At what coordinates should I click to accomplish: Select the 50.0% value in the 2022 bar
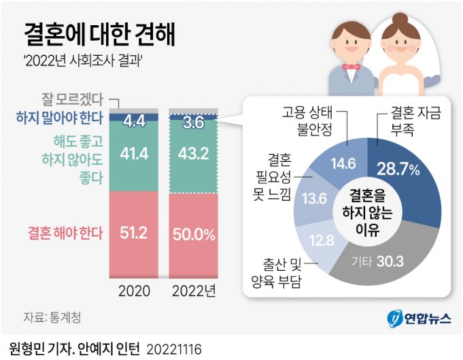(193, 235)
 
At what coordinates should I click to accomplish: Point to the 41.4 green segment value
(134, 155)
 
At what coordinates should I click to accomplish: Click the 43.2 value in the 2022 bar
(193, 155)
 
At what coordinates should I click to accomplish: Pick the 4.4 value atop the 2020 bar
(134, 122)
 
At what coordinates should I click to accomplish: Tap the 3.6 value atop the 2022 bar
(193, 123)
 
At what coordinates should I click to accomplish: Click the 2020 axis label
(134, 292)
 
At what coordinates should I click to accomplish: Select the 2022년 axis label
(193, 292)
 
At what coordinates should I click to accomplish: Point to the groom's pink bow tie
(351, 68)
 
